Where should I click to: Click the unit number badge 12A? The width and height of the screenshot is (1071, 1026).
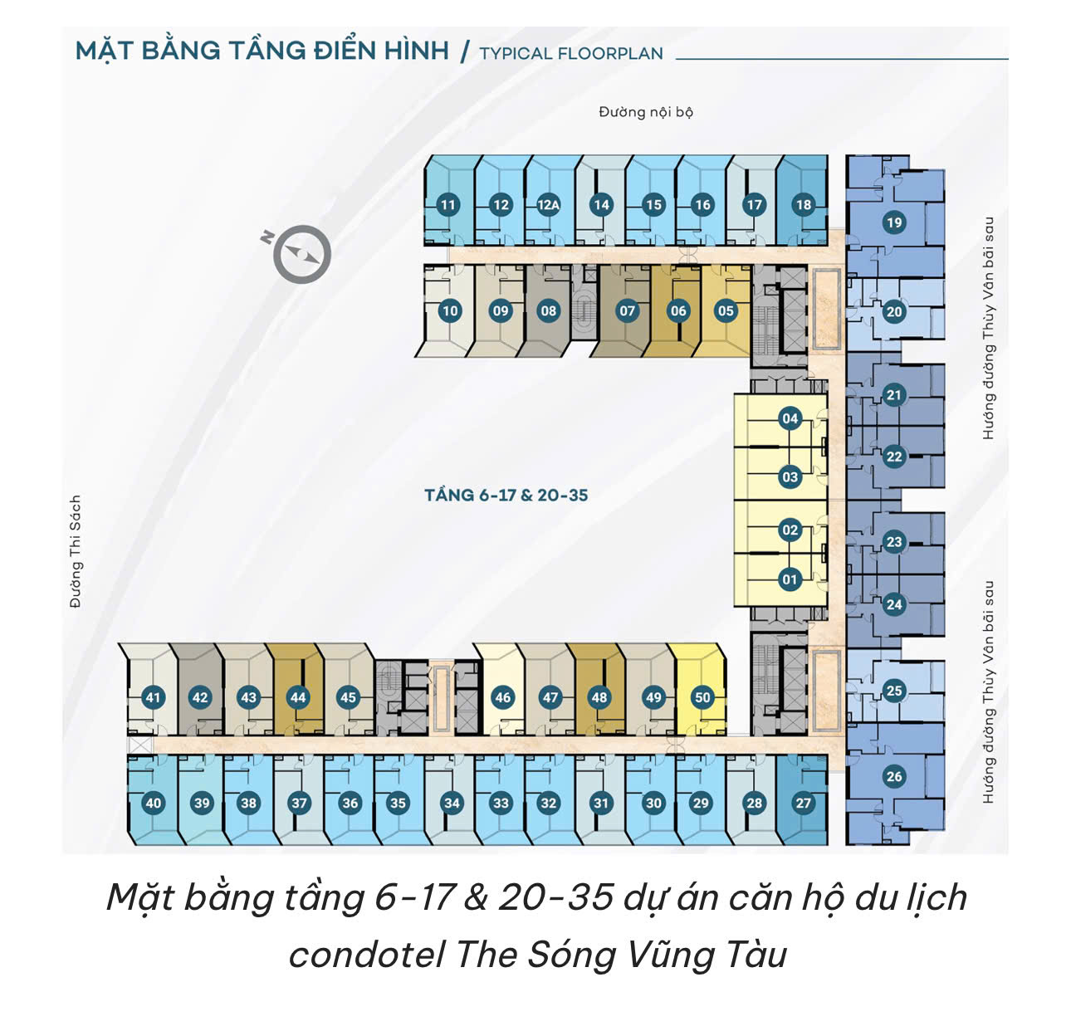point(548,205)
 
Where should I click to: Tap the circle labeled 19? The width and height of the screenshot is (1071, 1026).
point(894,222)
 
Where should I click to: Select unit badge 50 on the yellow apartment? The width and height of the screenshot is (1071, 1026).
point(703,697)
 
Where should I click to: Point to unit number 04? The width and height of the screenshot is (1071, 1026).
point(790,418)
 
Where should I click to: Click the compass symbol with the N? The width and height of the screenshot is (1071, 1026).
point(299,253)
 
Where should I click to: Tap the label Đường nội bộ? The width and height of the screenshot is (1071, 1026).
point(646,112)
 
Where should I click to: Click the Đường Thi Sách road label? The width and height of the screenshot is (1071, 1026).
point(76,551)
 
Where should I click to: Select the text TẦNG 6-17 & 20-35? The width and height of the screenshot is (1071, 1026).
point(506,495)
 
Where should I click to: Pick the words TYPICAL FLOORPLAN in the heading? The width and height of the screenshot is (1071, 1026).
point(571,54)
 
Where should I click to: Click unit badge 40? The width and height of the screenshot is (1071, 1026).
point(154,804)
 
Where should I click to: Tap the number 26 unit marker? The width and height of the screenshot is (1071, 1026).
point(894,776)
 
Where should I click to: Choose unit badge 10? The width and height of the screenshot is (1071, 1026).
point(450,310)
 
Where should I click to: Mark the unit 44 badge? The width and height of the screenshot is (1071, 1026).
point(298,697)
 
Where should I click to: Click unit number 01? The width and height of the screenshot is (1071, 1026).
point(790,579)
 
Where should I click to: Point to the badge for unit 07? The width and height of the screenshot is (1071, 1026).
point(628,310)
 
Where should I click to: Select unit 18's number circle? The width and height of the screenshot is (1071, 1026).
point(804,205)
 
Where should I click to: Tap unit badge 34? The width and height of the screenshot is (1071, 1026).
point(452,804)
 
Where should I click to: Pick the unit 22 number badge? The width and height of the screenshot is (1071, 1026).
point(894,456)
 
